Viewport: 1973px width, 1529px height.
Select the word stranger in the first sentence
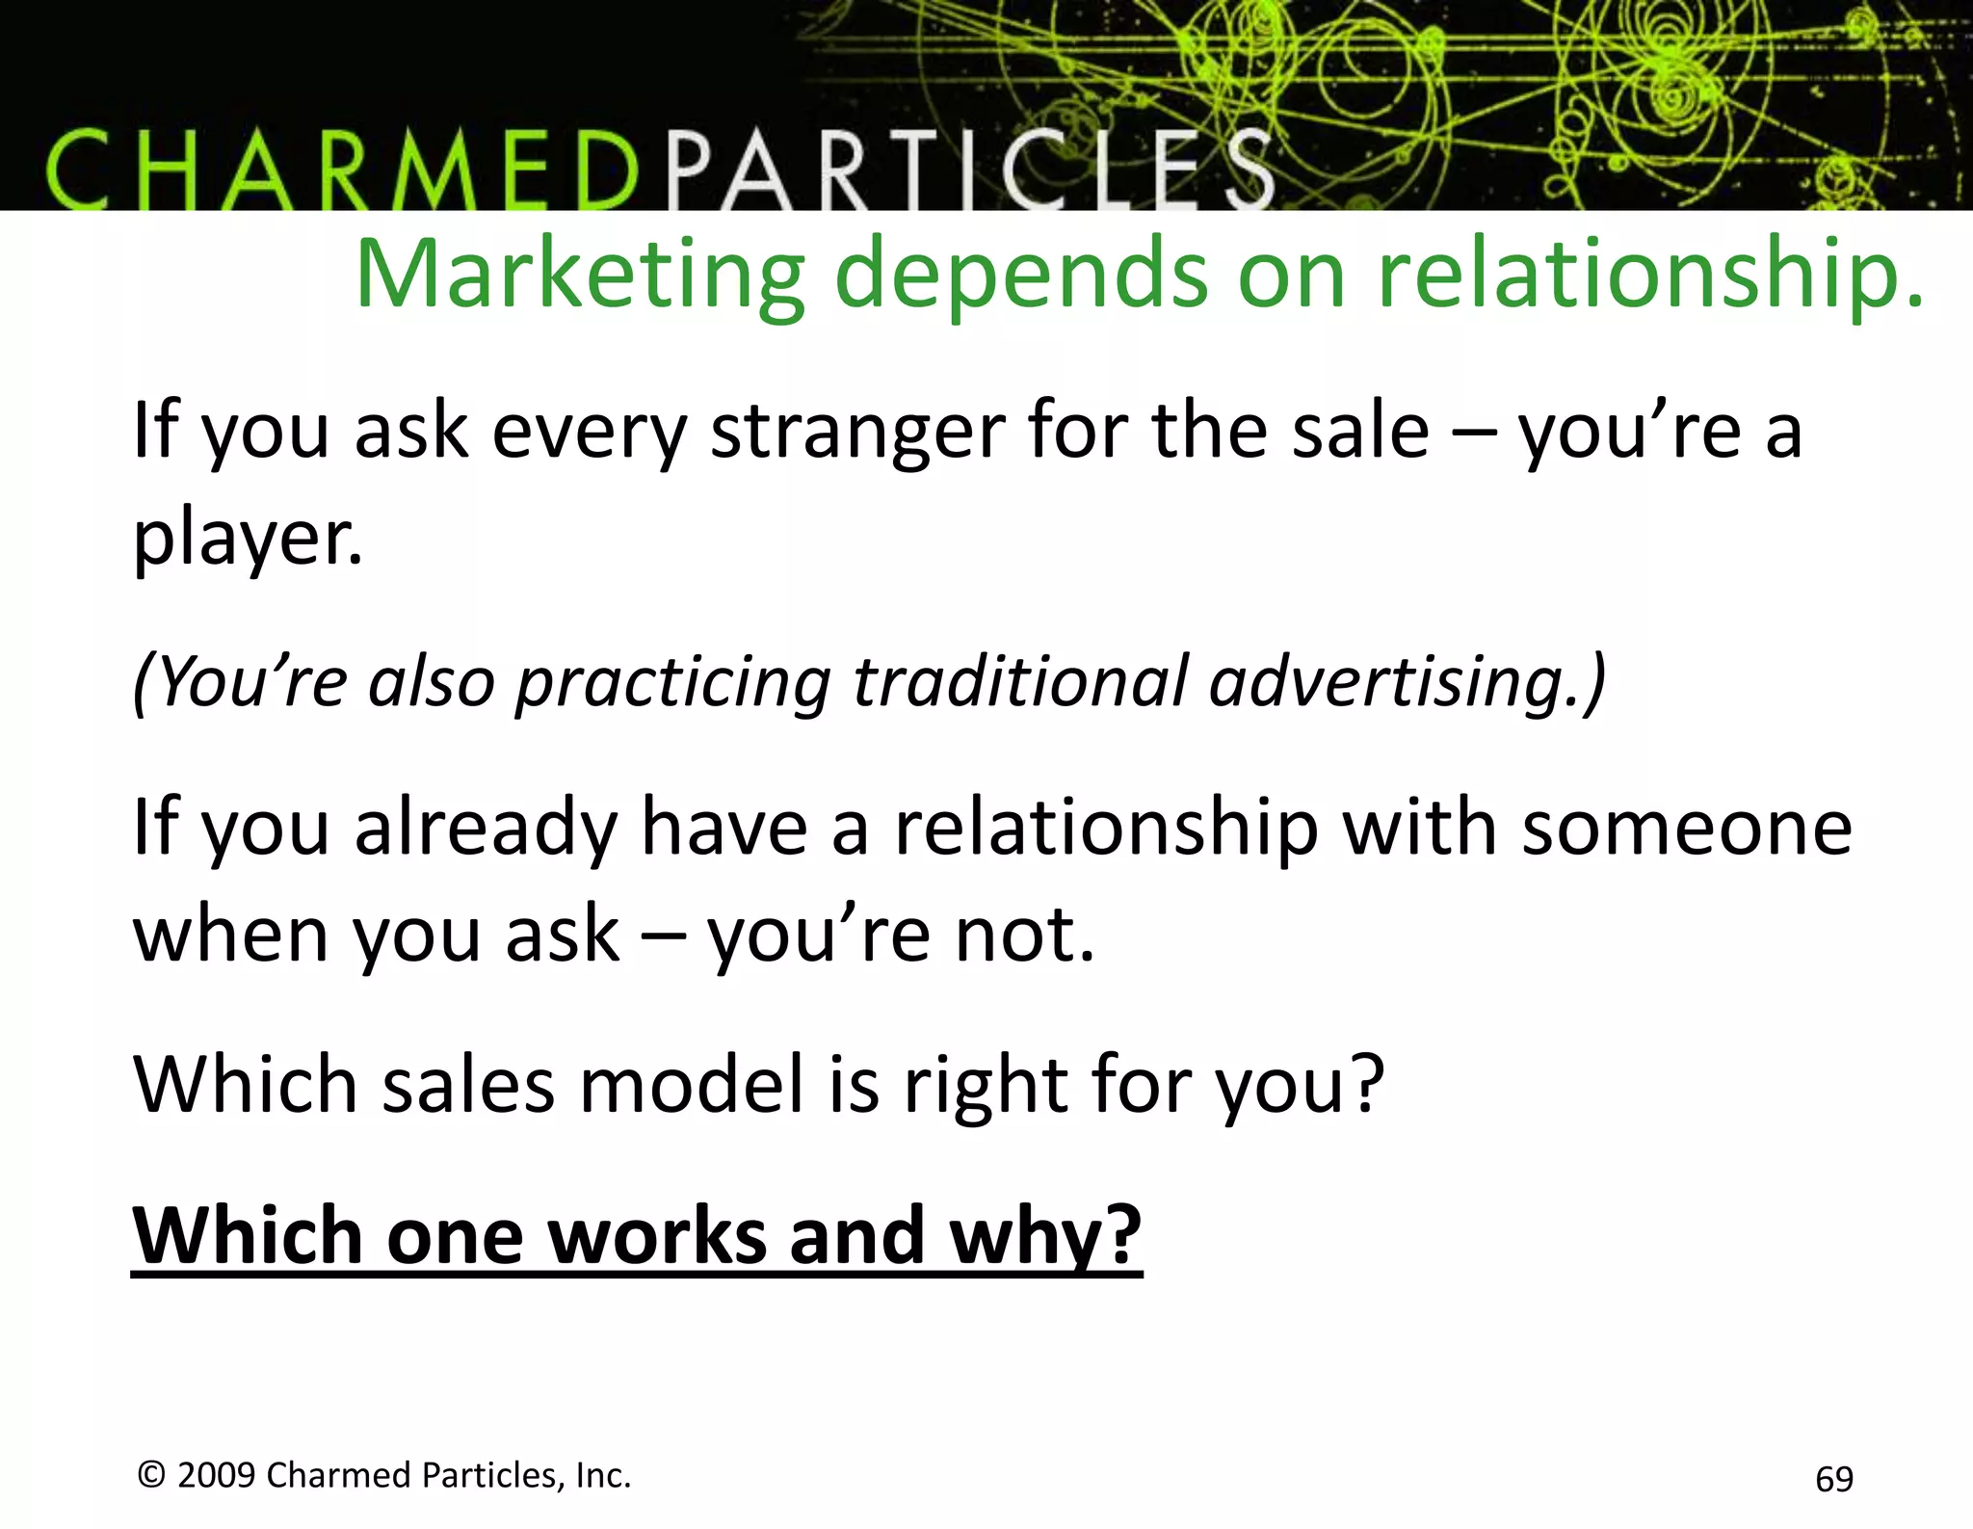(x=856, y=432)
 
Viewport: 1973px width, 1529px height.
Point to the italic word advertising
(x=1407, y=681)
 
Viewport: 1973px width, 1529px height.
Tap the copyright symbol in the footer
(x=152, y=1475)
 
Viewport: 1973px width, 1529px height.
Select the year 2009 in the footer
(x=217, y=1475)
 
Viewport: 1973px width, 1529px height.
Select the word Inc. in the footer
(x=603, y=1475)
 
